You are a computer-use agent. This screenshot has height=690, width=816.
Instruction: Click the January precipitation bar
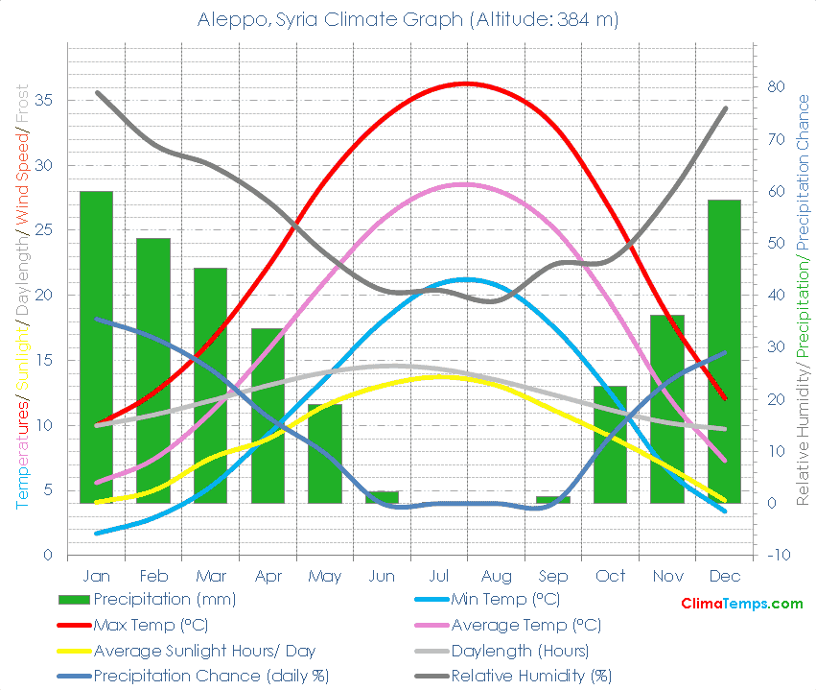coord(96,346)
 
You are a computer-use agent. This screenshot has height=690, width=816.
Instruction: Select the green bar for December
coord(725,351)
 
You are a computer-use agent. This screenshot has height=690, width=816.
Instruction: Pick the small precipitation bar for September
coord(553,499)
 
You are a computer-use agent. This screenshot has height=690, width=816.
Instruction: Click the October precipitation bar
coord(610,444)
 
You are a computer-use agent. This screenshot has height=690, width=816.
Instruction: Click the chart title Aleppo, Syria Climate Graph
coord(408,19)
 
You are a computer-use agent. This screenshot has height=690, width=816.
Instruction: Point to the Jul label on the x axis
coord(439,576)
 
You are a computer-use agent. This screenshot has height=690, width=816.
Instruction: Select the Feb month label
coord(153,576)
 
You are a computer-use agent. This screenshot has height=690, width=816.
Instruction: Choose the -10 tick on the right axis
coord(779,555)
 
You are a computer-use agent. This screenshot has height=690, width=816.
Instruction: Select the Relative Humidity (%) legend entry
coord(530,676)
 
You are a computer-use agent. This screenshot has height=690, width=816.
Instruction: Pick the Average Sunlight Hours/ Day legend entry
coord(204,651)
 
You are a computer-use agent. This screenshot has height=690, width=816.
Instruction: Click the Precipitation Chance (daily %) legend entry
coord(211,676)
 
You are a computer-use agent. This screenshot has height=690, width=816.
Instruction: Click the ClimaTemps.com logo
coord(741,604)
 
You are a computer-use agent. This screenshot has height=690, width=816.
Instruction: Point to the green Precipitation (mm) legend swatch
coord(75,600)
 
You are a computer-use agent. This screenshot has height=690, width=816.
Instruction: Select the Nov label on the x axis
coord(667,576)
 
